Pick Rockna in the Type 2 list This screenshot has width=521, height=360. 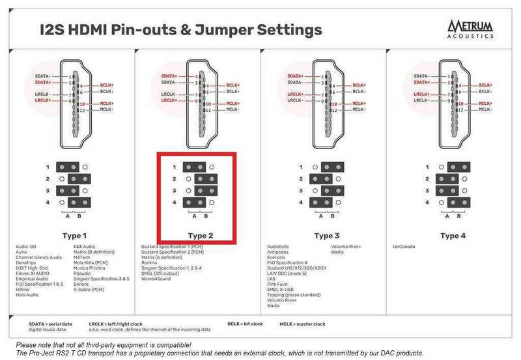click(150, 261)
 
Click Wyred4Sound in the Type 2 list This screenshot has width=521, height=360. click(156, 279)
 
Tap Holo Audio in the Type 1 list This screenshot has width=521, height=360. click(29, 294)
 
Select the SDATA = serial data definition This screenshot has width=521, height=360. click(51, 322)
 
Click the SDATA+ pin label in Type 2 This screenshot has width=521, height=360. click(171, 77)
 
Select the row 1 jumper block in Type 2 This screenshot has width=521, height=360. click(194, 167)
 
